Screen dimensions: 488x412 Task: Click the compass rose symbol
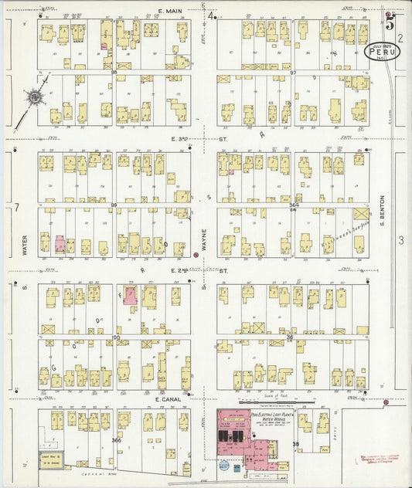pyautogui.click(x=32, y=97)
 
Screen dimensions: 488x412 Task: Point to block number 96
pyautogui.click(x=114, y=73)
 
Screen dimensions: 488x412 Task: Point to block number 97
pyautogui.click(x=293, y=73)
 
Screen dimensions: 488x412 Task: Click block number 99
pyautogui.click(x=114, y=205)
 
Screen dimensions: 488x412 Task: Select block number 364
pyautogui.click(x=294, y=205)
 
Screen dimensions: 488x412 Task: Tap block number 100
pyautogui.click(x=117, y=337)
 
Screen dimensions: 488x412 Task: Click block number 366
pyautogui.click(x=117, y=440)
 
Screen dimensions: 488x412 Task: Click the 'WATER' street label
pyautogui.click(x=25, y=246)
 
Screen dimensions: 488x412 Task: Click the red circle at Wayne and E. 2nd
pyautogui.click(x=196, y=255)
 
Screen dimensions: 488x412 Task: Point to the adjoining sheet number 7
pyautogui.click(x=16, y=208)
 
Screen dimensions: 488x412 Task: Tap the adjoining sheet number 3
pyautogui.click(x=400, y=241)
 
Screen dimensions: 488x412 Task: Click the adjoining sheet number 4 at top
pyautogui.click(x=210, y=15)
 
